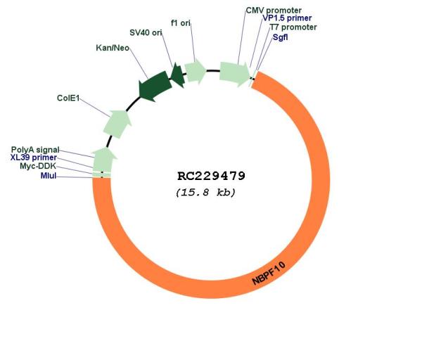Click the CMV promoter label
click(274, 11)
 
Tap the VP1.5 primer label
click(287, 18)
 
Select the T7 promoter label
click(293, 27)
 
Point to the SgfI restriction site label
click(280, 37)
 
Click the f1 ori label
click(181, 23)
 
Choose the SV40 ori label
click(146, 32)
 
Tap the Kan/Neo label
click(113, 48)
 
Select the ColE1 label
click(68, 98)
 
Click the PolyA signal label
click(35, 150)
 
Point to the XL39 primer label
click(34, 157)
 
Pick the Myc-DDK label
click(38, 166)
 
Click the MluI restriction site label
click(49, 176)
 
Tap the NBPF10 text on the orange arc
click(269, 274)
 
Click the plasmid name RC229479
click(211, 176)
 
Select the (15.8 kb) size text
click(205, 193)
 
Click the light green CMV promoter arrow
click(234, 74)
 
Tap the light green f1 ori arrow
click(195, 71)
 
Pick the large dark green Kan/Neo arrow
click(155, 86)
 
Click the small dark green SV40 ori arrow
click(178, 75)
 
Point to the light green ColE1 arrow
click(117, 124)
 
